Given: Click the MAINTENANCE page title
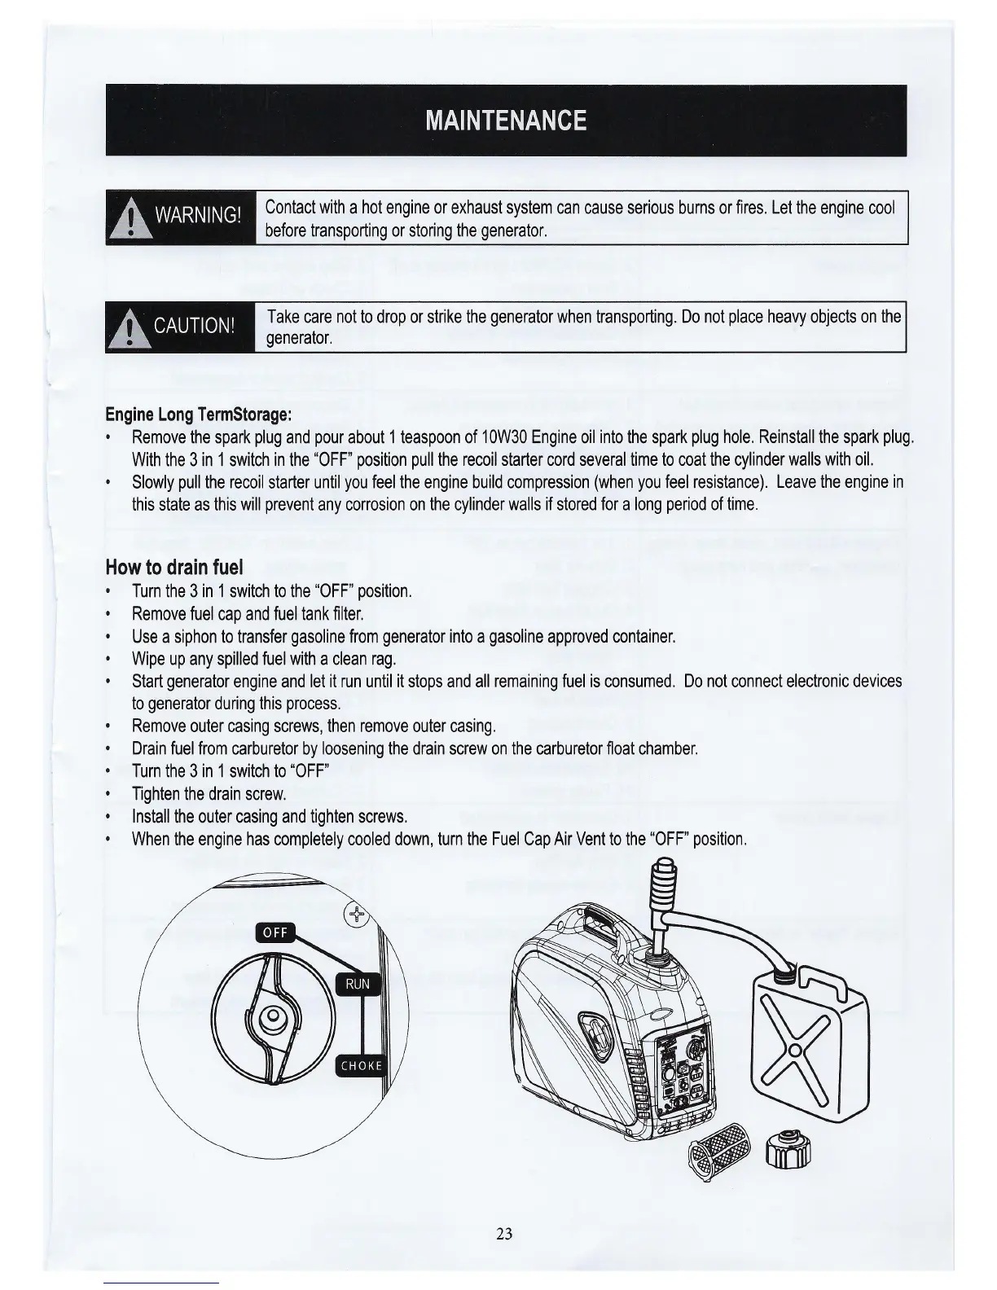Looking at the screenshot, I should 505,121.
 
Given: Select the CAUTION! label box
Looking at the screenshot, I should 180,327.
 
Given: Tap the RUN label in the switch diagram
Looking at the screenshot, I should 358,984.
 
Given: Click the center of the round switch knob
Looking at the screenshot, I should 272,1016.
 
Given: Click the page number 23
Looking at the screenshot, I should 504,1233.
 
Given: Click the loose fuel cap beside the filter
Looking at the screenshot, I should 788,1147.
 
